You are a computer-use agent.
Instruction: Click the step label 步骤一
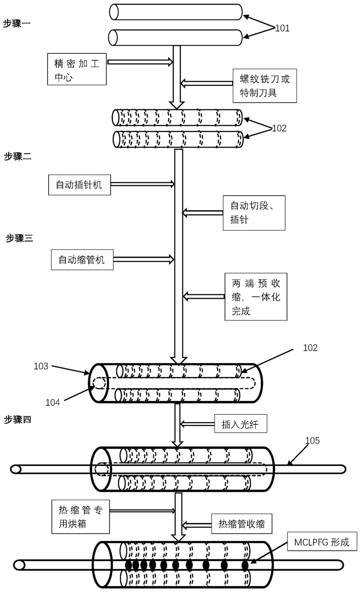pos(17,23)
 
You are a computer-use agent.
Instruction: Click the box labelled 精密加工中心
pos(77,69)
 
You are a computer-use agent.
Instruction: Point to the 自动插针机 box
pos(79,185)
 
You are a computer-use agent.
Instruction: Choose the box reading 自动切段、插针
pos(254,213)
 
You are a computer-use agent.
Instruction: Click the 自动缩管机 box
pos(81,259)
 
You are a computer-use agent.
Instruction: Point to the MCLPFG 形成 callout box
pos(322,542)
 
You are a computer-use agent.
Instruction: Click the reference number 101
pos(282,28)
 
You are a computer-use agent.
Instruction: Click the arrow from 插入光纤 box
pos(198,424)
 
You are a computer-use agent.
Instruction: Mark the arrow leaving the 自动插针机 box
pos(143,185)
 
